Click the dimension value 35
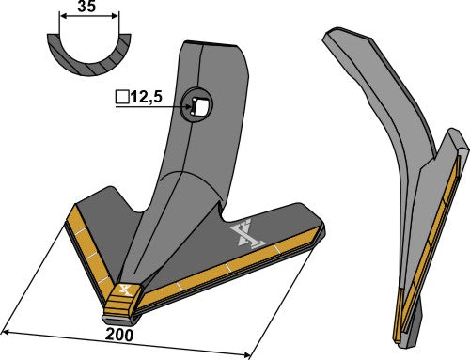[x=86, y=8]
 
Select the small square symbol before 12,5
[x=120, y=97]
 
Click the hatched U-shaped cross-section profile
[x=86, y=57]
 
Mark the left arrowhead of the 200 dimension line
[x=6, y=330]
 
